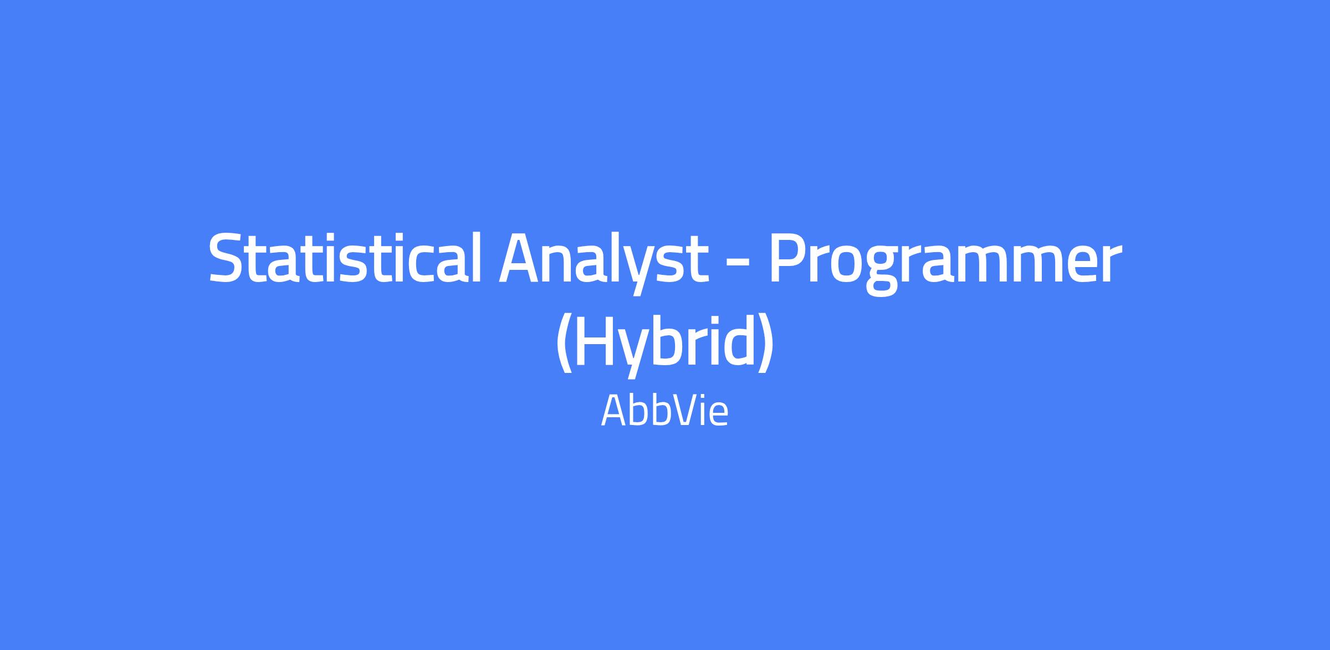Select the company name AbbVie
coord(664,411)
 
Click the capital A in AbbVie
coord(614,411)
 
